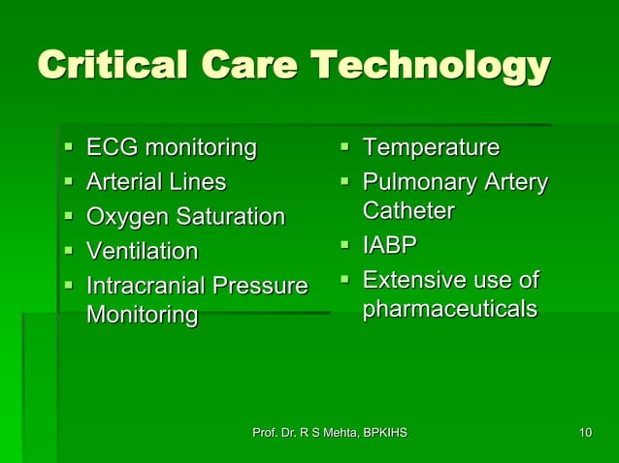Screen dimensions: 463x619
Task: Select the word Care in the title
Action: tap(251, 67)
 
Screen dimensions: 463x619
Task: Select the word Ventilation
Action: tap(142, 252)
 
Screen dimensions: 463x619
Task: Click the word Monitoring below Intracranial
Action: tap(142, 315)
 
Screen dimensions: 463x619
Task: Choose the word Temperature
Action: tap(431, 148)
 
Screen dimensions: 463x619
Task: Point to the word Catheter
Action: tap(407, 210)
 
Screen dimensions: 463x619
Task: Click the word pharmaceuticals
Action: tap(449, 310)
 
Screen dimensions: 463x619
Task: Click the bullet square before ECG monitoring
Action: tap(68, 149)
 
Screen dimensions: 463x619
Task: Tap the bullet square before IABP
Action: tap(344, 246)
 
